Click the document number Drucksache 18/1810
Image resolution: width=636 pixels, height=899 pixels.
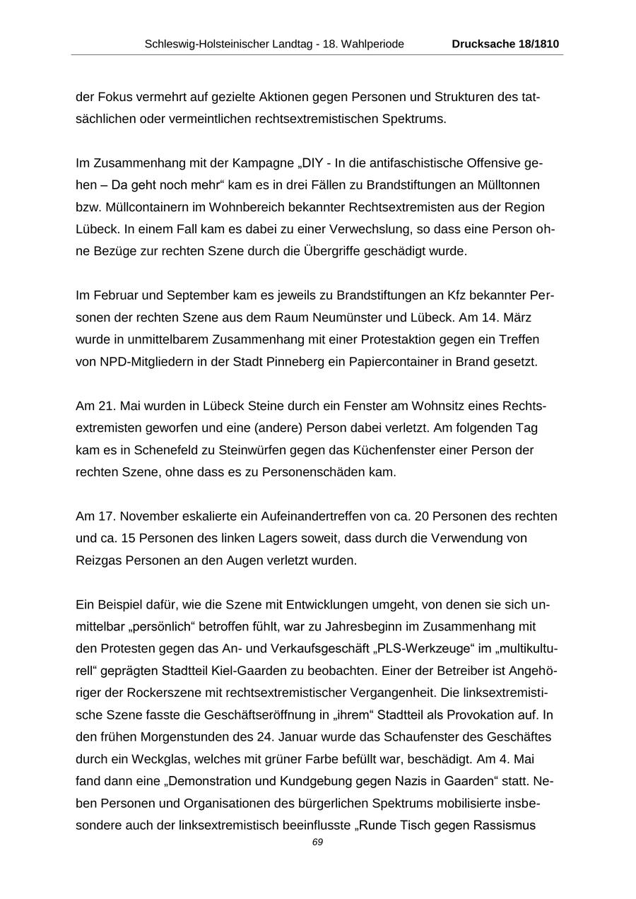click(x=505, y=44)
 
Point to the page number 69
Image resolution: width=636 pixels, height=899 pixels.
click(x=317, y=842)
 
